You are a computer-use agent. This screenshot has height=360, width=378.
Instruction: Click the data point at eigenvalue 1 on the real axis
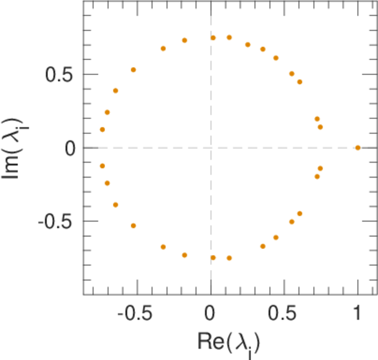pyautogui.click(x=358, y=148)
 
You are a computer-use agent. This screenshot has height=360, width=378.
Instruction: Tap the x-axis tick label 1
pyautogui.click(x=358, y=315)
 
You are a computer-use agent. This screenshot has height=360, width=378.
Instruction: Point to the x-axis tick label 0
pyautogui.click(x=211, y=315)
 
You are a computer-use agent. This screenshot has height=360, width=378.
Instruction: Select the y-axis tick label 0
pyautogui.click(x=70, y=148)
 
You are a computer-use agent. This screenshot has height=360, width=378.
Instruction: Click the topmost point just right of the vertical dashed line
pyautogui.click(x=213, y=38)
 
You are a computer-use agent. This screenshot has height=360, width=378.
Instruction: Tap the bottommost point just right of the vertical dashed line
pyautogui.click(x=213, y=257)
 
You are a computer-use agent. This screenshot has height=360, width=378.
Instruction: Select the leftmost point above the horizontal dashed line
pyautogui.click(x=103, y=130)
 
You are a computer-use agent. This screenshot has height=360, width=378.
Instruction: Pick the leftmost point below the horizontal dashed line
pyautogui.click(x=103, y=166)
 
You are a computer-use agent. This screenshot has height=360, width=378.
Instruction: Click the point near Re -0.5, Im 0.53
pyautogui.click(x=134, y=70)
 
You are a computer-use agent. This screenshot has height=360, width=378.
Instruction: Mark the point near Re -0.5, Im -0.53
pyautogui.click(x=134, y=226)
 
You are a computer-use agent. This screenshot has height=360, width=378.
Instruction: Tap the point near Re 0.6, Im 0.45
pyautogui.click(x=299, y=82)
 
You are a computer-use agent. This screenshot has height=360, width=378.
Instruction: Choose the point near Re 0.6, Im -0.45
pyautogui.click(x=299, y=214)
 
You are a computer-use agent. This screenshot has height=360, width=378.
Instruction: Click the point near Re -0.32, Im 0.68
pyautogui.click(x=163, y=49)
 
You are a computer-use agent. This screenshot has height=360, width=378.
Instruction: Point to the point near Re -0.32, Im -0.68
pyautogui.click(x=163, y=247)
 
